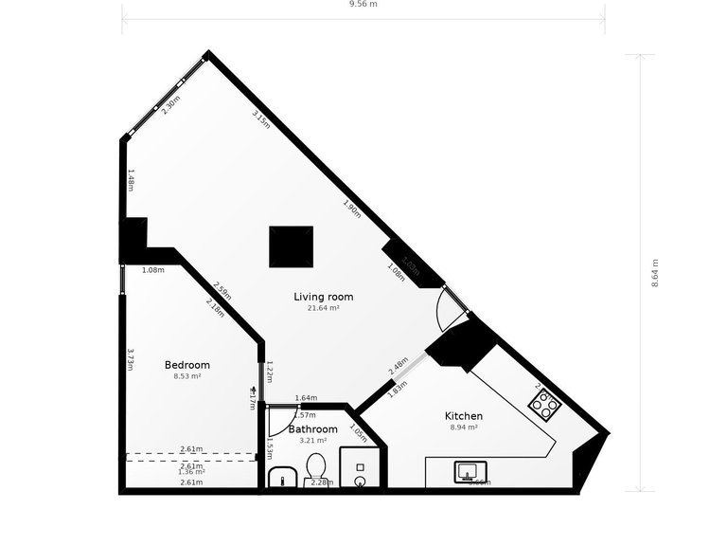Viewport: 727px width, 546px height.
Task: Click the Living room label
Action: click(323, 297)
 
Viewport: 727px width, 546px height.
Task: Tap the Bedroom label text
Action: click(187, 365)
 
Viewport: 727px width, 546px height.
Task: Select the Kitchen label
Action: click(464, 416)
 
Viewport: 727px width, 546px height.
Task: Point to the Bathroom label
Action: click(312, 429)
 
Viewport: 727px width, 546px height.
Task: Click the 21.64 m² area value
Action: click(323, 308)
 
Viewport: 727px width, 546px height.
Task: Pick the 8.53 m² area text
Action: click(187, 376)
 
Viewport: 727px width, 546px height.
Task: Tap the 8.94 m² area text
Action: click(464, 428)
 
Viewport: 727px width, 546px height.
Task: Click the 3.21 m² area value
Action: click(312, 441)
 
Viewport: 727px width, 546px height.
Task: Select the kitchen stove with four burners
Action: click(545, 405)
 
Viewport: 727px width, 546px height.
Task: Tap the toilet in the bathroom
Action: click(316, 467)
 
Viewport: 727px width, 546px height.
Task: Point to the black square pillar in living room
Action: click(291, 246)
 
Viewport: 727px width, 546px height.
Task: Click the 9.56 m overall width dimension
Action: click(363, 5)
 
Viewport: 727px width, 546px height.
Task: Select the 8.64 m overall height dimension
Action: click(654, 273)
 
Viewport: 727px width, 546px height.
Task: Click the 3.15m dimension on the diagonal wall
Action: click(261, 118)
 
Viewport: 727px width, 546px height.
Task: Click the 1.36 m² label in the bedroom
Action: click(192, 472)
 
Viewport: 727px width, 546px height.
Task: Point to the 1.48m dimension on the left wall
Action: click(132, 177)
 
